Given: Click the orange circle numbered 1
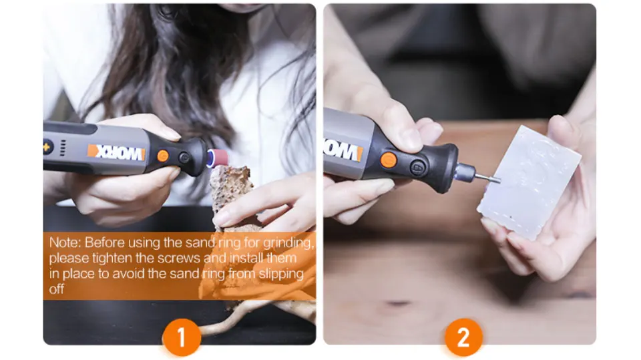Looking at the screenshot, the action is (x=182, y=338).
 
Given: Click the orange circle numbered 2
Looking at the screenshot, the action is (x=463, y=338).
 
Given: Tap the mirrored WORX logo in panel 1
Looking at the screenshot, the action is (x=116, y=152).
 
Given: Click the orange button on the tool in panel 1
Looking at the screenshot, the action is (x=163, y=156).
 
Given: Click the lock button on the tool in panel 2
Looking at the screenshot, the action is (x=417, y=168).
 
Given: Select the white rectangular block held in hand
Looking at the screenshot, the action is (x=528, y=183).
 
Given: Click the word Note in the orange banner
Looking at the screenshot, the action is (x=64, y=242).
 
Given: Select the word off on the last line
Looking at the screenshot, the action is (x=56, y=289).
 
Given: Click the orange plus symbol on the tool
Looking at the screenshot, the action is (x=46, y=147).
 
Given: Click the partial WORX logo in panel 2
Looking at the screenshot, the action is (x=343, y=150).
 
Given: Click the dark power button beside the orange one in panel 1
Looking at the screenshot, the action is (x=184, y=158).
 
